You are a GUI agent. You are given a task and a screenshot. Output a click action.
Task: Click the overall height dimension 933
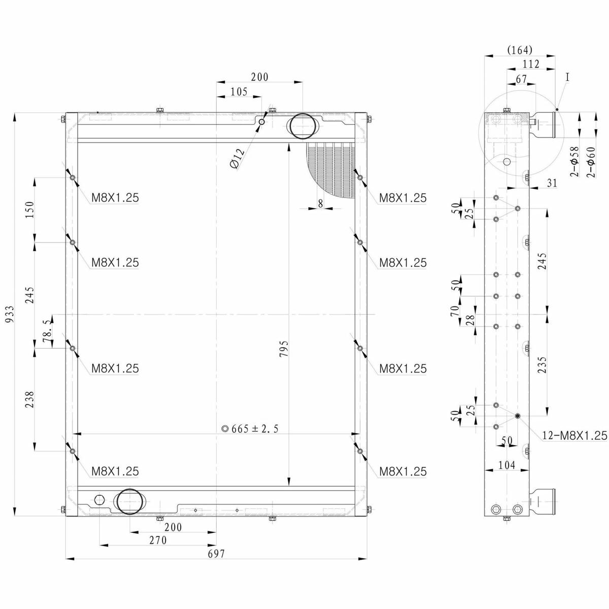[10, 314]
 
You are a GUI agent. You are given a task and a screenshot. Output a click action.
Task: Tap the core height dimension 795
[284, 349]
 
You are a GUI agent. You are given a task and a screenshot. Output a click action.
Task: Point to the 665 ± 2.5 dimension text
[251, 429]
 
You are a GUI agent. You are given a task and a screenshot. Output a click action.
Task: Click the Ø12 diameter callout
[238, 158]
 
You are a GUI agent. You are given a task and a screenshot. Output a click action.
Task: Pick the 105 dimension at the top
[239, 92]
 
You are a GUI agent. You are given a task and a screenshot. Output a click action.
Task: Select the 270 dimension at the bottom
[158, 540]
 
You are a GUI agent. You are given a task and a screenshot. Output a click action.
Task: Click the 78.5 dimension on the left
[46, 331]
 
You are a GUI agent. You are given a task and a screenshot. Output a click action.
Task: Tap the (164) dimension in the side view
[520, 50]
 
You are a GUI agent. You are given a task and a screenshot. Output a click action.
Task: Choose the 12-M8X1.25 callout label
[575, 435]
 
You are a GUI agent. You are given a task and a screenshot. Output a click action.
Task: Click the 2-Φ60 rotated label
[591, 161]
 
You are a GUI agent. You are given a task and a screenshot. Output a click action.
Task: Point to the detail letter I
[567, 77]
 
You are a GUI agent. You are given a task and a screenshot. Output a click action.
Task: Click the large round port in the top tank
[302, 126]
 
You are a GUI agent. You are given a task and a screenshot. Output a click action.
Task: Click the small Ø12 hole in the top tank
[261, 122]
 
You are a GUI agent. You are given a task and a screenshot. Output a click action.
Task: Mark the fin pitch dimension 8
[320, 203]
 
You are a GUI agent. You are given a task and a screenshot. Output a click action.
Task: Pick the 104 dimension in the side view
[506, 465]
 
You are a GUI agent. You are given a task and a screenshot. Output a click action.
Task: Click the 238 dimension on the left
[29, 399]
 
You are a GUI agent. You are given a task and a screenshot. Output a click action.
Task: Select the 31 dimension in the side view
[552, 183]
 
